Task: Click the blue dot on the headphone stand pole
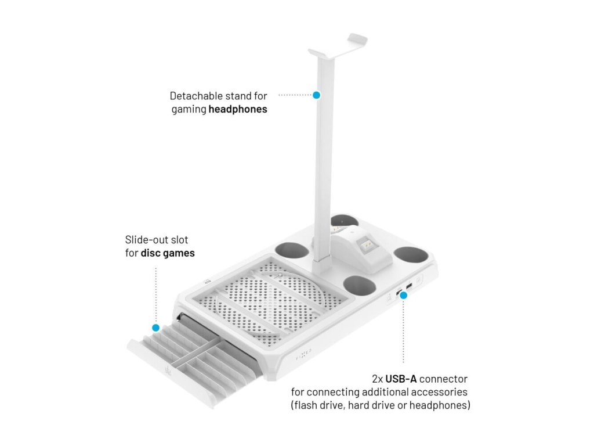point(316,95)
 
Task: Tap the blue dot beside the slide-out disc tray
point(155,328)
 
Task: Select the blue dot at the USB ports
point(404,296)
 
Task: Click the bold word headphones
point(238,109)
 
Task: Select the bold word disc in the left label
point(151,253)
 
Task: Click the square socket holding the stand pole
point(318,265)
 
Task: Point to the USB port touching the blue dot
point(399,293)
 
